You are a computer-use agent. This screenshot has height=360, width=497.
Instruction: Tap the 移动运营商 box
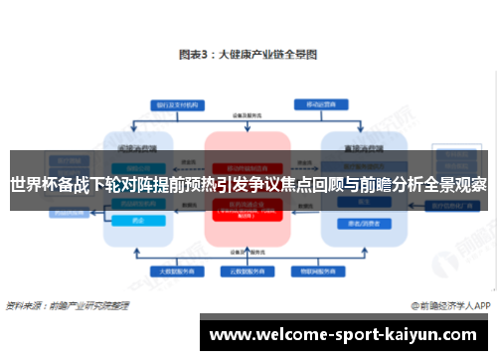[x=316, y=103]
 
